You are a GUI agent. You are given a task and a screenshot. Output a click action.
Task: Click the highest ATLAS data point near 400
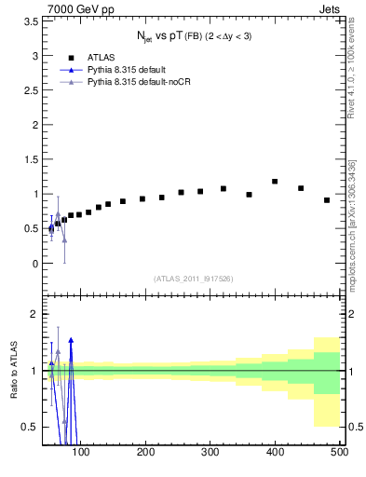point(275,182)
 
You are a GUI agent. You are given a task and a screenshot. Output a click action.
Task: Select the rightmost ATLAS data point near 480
point(327,200)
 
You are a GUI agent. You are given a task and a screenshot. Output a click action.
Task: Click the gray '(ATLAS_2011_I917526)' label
point(193,279)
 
